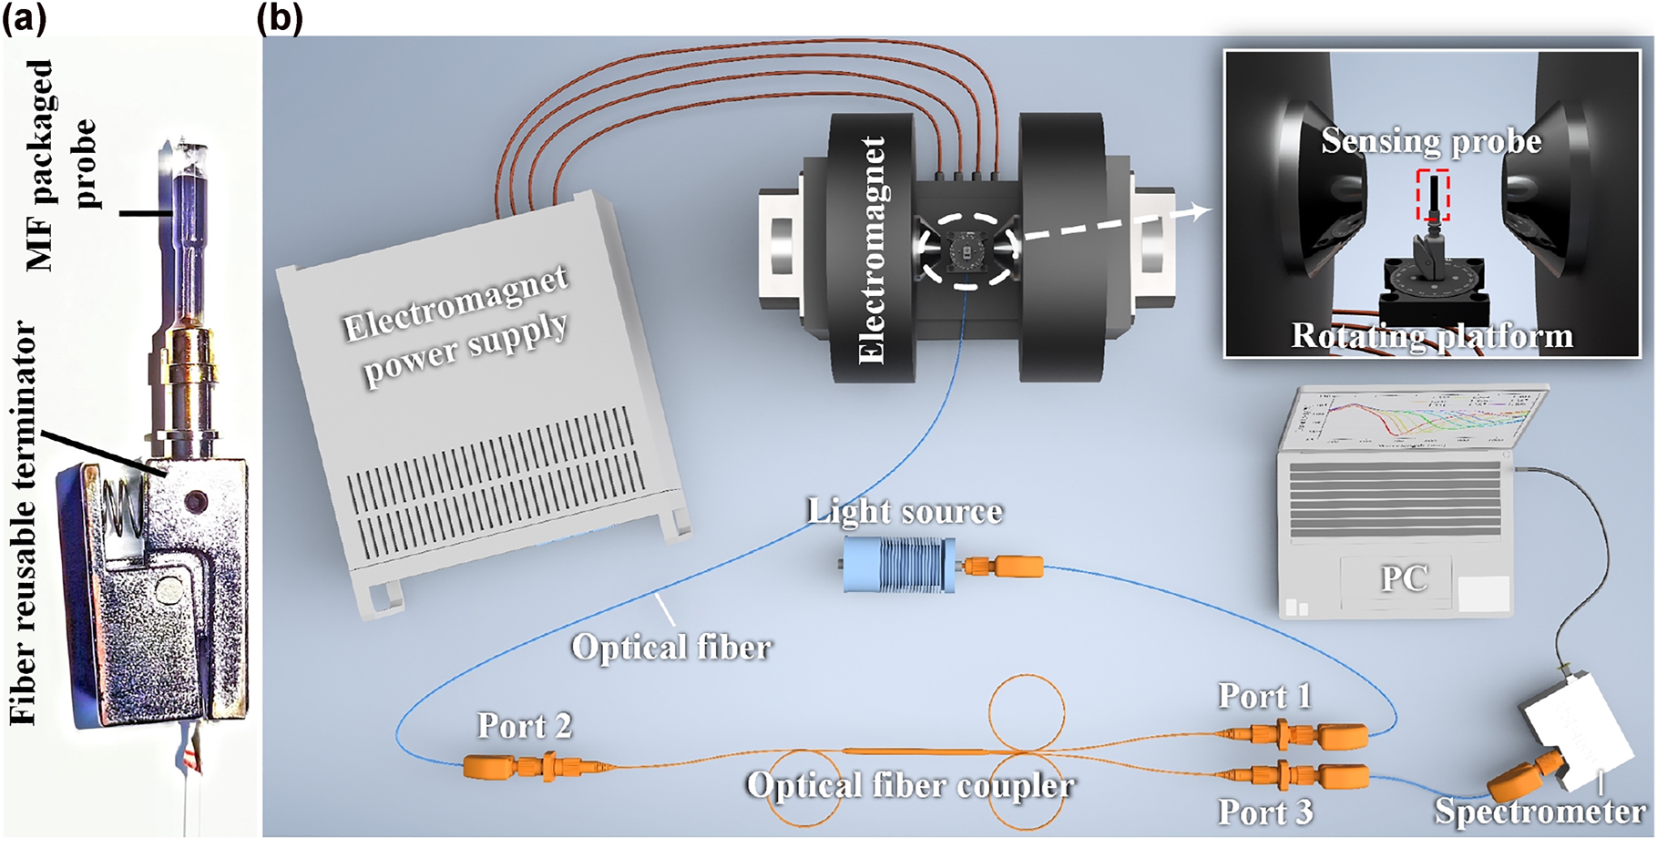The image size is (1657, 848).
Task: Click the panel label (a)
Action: (x=24, y=17)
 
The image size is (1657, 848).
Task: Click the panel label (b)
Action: (x=280, y=17)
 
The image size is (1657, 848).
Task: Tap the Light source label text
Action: (x=905, y=511)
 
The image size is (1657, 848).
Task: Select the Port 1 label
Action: (x=1264, y=697)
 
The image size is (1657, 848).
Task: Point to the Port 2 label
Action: (x=525, y=726)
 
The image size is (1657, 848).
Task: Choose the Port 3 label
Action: (x=1265, y=812)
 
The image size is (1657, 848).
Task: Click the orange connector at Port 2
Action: (x=510, y=766)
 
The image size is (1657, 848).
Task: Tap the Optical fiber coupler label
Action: (x=910, y=785)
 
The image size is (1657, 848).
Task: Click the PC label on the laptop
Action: (x=1404, y=578)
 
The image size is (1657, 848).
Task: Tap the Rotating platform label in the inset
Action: (x=1431, y=336)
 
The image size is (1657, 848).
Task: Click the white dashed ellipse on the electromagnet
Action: (x=966, y=250)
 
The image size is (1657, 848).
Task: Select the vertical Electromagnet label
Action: (x=872, y=250)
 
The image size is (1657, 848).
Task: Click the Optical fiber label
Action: (x=671, y=647)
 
